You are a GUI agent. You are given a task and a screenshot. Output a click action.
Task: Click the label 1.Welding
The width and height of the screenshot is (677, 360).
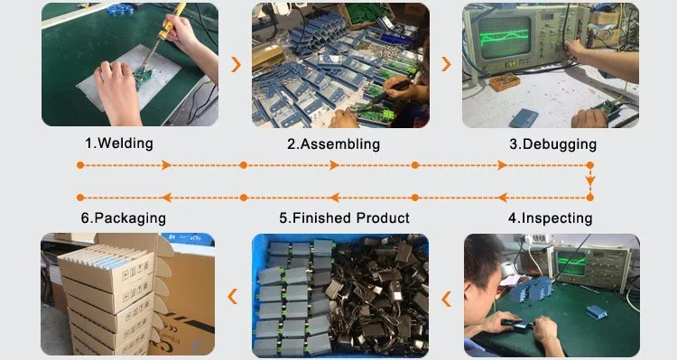click(119, 143)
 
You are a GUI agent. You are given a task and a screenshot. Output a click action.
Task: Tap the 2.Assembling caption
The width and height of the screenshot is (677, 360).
click(333, 143)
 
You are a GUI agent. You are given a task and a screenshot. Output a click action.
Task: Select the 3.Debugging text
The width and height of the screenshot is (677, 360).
click(552, 143)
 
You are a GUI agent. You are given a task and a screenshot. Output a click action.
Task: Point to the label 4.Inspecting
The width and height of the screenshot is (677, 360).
click(550, 218)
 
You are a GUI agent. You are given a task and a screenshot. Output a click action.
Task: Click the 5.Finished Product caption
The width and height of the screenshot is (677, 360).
click(344, 218)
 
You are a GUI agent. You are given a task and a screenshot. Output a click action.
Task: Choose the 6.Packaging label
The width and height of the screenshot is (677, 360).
click(123, 218)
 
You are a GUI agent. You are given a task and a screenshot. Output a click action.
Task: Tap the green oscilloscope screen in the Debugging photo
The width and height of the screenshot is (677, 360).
click(505, 38)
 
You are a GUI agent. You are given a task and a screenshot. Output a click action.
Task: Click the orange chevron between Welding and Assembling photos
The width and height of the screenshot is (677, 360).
click(236, 64)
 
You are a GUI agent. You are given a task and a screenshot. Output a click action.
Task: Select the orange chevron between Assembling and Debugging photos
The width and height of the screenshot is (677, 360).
click(446, 64)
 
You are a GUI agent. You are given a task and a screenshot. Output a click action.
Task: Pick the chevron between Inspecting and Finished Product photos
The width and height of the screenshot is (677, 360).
click(446, 299)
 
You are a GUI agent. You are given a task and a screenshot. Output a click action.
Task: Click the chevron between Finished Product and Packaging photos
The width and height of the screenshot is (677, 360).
click(233, 297)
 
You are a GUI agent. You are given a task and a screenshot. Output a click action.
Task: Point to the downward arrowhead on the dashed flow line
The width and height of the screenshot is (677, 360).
click(589, 180)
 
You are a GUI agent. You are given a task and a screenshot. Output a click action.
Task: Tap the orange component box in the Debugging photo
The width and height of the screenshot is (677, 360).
click(505, 82)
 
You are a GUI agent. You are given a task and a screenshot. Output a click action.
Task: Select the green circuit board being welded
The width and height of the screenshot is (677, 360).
click(143, 77)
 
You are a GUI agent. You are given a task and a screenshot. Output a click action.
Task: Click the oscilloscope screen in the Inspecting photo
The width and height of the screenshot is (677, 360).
click(571, 264)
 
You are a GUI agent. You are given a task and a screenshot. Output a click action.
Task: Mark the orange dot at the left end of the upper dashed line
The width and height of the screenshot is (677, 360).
click(79, 165)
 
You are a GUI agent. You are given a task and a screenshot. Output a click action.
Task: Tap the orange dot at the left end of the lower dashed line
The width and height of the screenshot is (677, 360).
click(79, 198)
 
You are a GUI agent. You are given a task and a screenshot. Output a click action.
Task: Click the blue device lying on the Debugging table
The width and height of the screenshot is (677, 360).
click(524, 118)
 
